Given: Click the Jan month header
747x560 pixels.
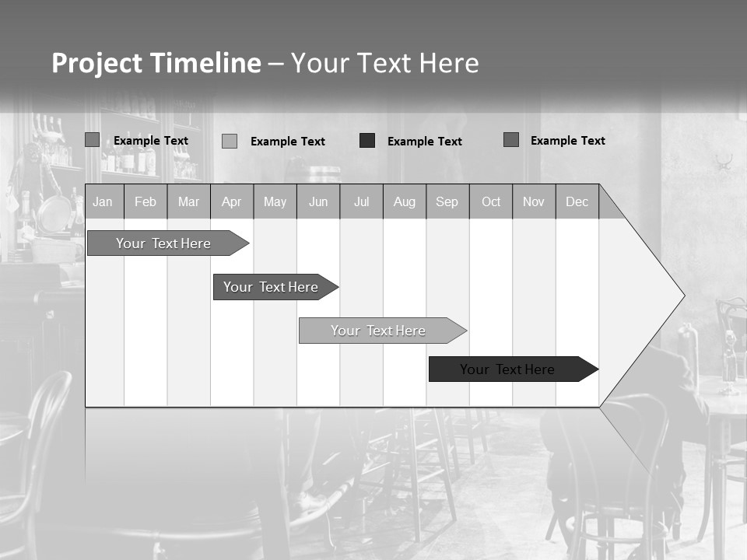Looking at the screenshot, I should click(103, 202).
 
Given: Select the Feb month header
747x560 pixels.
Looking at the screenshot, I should click(146, 202).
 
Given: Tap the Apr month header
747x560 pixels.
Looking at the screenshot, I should click(232, 202).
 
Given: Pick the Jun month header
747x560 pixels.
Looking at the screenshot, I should click(318, 202).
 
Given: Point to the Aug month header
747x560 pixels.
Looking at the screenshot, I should click(405, 202).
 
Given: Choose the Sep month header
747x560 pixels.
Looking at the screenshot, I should click(447, 202).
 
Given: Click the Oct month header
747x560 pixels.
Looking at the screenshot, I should click(491, 202).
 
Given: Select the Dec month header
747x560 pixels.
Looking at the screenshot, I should click(577, 202).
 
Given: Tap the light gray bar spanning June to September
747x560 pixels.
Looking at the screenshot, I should click(379, 331).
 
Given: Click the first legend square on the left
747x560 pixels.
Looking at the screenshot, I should click(93, 140).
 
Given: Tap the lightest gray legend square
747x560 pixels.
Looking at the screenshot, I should click(230, 141).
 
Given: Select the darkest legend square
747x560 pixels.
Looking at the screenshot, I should click(367, 141).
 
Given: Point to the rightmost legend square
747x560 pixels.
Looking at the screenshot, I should click(511, 140).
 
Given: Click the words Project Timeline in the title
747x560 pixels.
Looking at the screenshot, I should click(156, 63).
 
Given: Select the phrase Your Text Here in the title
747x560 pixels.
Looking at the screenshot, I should click(385, 63).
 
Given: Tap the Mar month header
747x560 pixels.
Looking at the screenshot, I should click(188, 202).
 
